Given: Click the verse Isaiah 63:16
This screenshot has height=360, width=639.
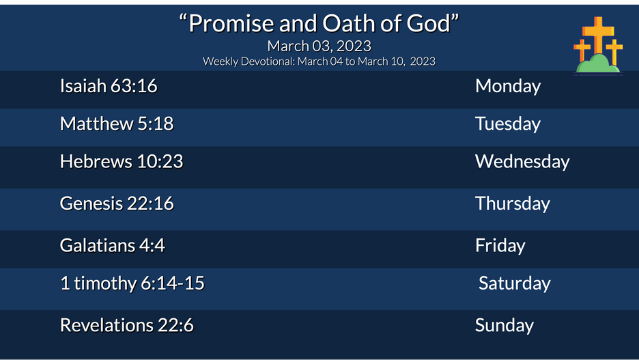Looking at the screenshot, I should coord(109,86).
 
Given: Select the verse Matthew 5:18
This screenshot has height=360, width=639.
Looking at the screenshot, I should coord(117,124).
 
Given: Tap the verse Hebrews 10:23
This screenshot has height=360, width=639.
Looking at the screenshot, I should coord(122,161).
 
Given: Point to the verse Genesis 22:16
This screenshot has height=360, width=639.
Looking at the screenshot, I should coord(117,204).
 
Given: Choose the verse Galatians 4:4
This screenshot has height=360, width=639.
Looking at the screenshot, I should coord(113,245).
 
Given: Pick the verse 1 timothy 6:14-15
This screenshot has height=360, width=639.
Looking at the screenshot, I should coord(132,283).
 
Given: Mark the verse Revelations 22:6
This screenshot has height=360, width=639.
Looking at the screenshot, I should coord(127,325).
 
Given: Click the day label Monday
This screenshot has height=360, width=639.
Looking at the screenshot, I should coord(508,86).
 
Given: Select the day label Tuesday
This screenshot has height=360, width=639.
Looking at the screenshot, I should coord(508,124).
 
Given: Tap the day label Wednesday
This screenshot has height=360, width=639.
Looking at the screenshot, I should coord(522,161).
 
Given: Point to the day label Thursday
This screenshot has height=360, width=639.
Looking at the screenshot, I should coord(513,204).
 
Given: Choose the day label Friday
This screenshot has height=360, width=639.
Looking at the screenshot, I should coord(500,245).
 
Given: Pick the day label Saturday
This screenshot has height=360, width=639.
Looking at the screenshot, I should coord(514,283).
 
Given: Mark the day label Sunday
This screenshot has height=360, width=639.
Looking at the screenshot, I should coord(505,325).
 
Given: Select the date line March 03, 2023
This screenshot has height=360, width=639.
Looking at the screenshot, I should coord(319,46).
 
